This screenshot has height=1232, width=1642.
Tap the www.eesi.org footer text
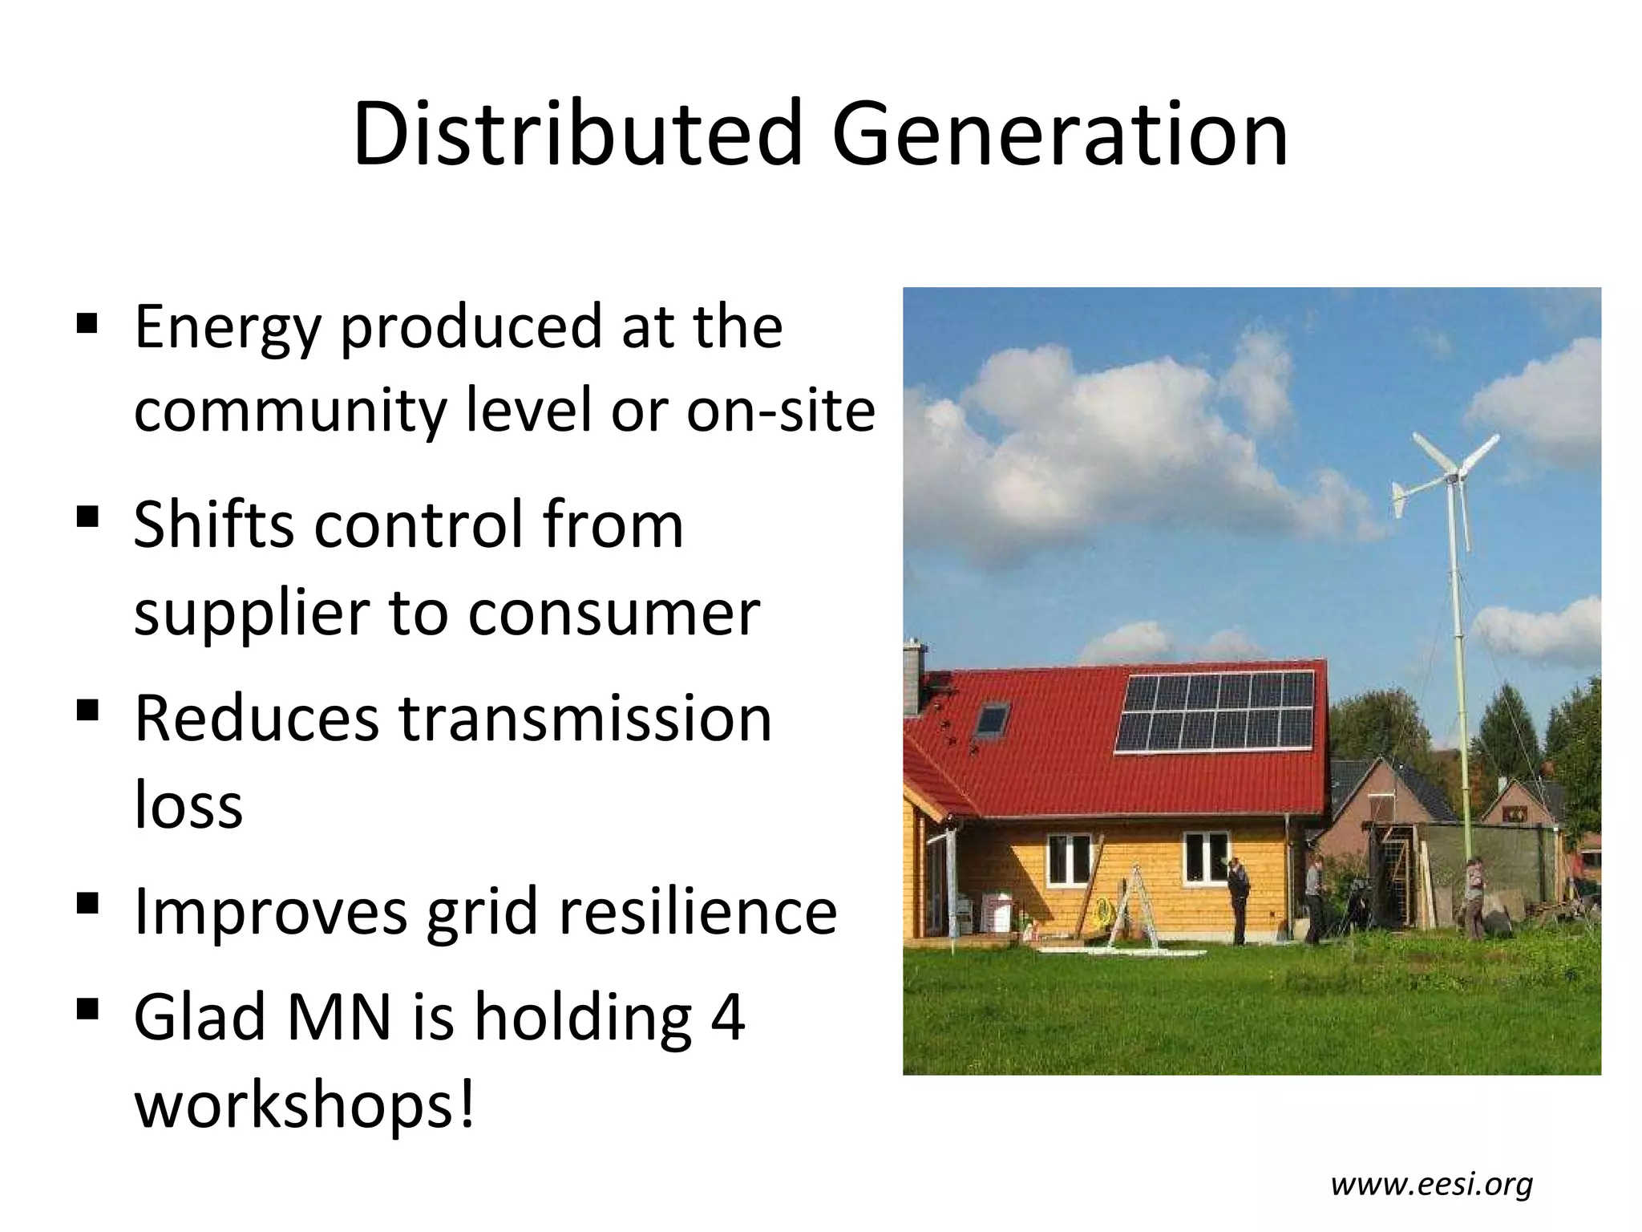[1432, 1184]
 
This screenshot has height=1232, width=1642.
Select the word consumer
[613, 614]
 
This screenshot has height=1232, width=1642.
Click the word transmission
[585, 718]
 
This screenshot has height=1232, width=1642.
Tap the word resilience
[698, 912]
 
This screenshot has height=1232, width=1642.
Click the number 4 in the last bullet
[727, 1017]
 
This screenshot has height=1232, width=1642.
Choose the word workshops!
[305, 1106]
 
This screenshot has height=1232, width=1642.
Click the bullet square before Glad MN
[87, 1009]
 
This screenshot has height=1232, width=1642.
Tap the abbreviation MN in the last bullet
[339, 1017]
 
